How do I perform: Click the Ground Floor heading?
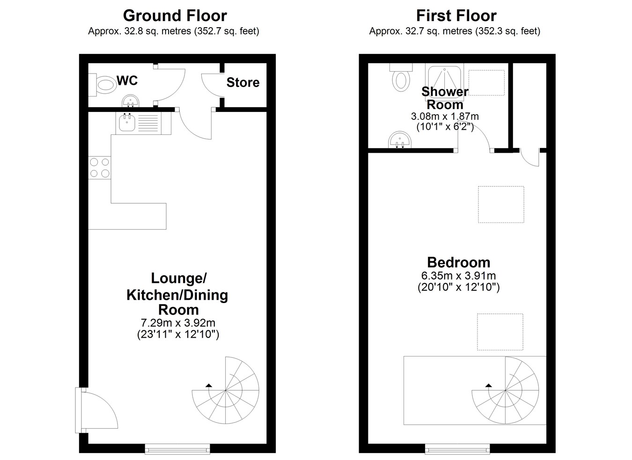[x=175, y=16]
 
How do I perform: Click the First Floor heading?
[x=456, y=16]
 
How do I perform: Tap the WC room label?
[x=127, y=81]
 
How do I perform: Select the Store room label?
[x=243, y=82]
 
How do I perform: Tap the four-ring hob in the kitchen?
[x=100, y=167]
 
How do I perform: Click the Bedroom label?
[x=458, y=263]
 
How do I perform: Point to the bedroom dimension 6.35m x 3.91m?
[x=458, y=275]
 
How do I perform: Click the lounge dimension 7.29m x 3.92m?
[x=178, y=322]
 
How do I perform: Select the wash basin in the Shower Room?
[x=400, y=140]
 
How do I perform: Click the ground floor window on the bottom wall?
[x=177, y=449]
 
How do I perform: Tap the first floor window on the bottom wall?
[x=457, y=449]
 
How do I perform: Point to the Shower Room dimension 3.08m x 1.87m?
[x=445, y=116]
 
